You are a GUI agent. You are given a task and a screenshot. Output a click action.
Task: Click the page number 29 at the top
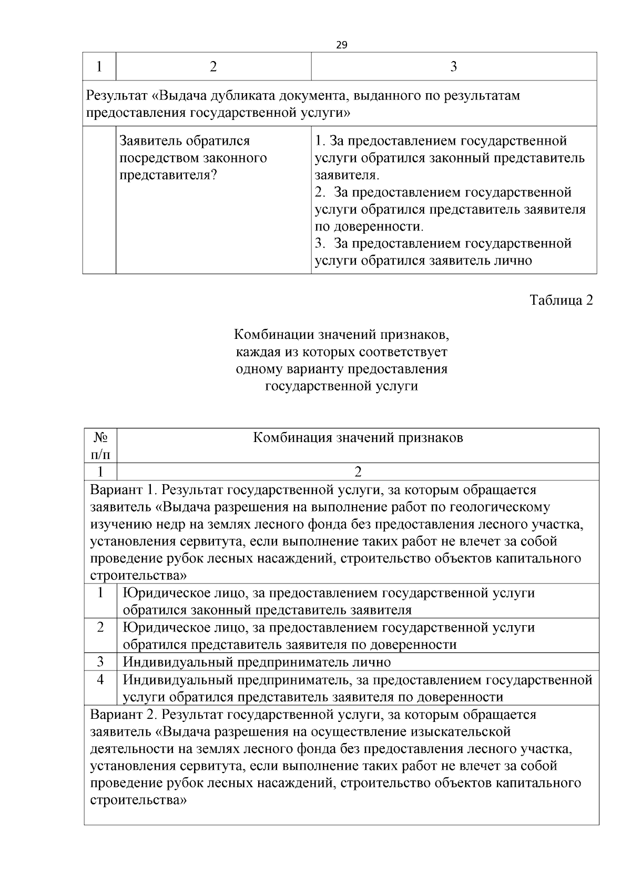341,45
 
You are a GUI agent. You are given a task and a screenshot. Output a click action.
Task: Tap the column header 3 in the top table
454,66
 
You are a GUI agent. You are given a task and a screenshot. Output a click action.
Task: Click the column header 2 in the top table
213,66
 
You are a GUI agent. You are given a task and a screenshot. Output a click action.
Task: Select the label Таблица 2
561,300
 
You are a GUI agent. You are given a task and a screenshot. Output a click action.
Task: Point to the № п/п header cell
100,446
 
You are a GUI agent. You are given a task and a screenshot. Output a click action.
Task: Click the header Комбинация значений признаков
358,438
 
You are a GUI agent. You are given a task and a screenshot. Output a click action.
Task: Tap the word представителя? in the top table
168,175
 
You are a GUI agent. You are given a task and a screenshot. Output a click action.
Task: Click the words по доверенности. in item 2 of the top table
369,227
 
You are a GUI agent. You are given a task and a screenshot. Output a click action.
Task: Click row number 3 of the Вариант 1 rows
100,661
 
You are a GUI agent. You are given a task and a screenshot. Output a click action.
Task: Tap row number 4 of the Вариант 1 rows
100,679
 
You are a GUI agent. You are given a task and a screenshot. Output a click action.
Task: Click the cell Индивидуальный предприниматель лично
257,662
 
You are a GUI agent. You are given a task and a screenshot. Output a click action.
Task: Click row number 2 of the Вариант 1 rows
100,627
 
